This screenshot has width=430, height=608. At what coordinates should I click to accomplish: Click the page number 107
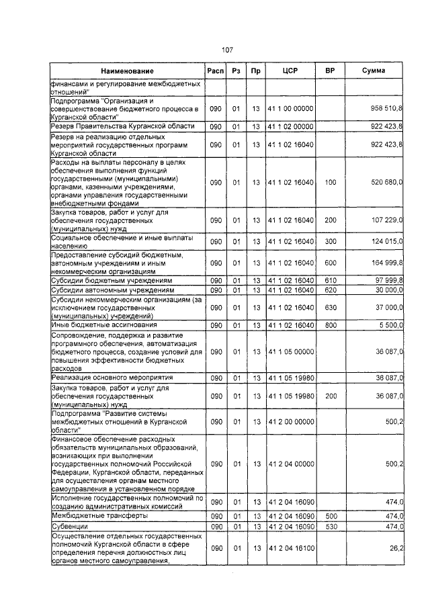(x=227, y=49)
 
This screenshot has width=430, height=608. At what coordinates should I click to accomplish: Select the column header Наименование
(x=127, y=71)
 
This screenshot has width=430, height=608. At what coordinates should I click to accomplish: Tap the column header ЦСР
(x=290, y=71)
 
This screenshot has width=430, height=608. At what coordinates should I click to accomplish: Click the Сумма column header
(x=373, y=71)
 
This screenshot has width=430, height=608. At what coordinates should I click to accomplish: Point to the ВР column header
(x=329, y=71)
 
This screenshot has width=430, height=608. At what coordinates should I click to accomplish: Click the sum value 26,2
(x=396, y=549)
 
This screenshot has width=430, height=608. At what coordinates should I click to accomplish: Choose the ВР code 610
(x=329, y=280)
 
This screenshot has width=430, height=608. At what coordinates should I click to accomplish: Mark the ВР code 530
(x=329, y=525)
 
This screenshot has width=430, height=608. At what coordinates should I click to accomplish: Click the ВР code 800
(x=329, y=325)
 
